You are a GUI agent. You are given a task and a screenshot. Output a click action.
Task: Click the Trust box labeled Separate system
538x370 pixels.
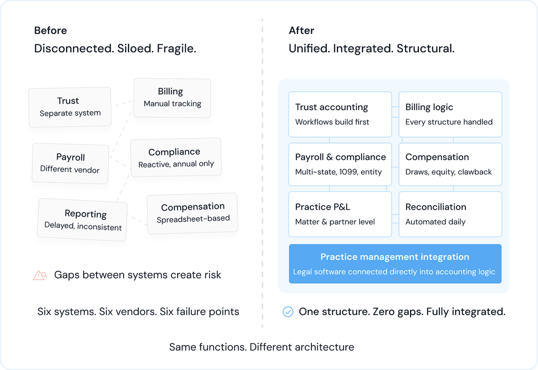tap(70, 107)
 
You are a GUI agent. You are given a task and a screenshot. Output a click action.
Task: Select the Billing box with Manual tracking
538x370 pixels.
tap(172, 98)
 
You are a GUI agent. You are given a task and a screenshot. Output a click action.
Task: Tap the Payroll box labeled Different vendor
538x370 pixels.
tap(70, 163)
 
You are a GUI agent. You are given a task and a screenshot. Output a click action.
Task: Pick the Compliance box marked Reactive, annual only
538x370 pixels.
tap(175, 158)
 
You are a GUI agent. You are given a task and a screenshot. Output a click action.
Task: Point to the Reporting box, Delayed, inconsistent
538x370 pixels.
tap(83, 220)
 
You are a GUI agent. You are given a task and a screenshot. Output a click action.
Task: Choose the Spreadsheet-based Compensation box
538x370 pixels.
tap(192, 213)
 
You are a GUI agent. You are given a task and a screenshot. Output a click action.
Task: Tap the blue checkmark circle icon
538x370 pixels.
tap(288, 312)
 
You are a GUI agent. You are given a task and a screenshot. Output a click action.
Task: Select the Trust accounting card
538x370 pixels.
tap(340, 114)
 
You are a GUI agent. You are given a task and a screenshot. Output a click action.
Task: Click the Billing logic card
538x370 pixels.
tap(450, 114)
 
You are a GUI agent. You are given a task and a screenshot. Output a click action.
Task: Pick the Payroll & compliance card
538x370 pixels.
tap(340, 164)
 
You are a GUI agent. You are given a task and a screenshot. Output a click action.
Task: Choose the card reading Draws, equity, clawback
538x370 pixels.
tap(450, 164)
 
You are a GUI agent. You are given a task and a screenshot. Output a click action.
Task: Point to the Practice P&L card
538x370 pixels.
tap(340, 214)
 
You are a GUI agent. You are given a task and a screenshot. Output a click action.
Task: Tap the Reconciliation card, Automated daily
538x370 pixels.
tap(450, 214)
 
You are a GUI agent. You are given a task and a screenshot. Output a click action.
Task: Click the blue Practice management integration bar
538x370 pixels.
tap(395, 264)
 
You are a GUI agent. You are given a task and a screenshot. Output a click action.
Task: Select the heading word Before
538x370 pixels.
tap(50, 30)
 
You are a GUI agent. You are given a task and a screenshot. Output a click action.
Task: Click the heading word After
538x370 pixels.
tap(301, 30)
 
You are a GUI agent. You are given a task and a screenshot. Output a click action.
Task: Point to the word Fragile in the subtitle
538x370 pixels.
tap(176, 48)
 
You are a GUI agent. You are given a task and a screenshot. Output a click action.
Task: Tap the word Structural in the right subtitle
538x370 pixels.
tap(425, 48)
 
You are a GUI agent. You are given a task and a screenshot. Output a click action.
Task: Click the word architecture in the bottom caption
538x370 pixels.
tap(324, 347)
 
